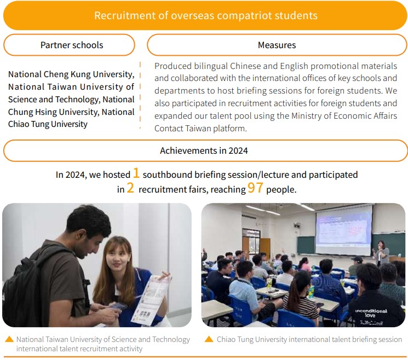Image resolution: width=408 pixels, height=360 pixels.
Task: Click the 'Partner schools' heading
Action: (x=72, y=45)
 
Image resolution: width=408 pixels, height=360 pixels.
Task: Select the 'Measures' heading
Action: (x=277, y=45)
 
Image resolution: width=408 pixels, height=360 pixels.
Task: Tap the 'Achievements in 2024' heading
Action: (x=204, y=150)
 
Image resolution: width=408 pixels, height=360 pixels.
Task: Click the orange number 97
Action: (x=255, y=188)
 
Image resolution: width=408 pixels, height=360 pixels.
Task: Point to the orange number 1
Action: (x=136, y=173)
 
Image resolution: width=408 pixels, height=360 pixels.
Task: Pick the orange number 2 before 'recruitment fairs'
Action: (x=130, y=188)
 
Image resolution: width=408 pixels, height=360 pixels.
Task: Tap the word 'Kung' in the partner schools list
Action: (x=81, y=74)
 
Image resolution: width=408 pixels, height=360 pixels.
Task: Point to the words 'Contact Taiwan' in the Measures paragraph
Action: (x=183, y=129)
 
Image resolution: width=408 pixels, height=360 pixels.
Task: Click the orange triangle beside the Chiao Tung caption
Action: (x=209, y=339)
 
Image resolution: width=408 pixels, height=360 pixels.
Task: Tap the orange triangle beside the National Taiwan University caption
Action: (x=9, y=339)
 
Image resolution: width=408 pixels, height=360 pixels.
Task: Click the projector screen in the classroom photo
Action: (x=344, y=230)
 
